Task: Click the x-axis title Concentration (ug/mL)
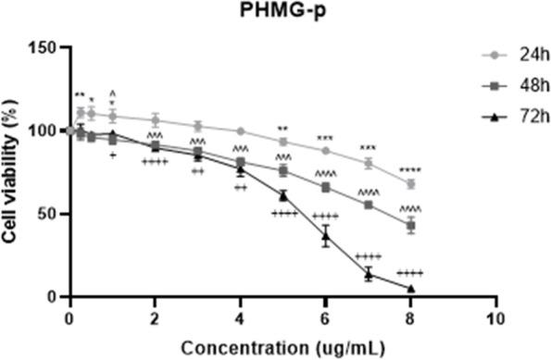(284, 347)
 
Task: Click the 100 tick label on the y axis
(48, 130)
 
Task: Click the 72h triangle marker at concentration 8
(411, 289)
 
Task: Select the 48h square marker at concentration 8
(411, 226)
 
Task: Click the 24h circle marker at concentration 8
(411, 184)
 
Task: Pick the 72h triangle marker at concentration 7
(369, 274)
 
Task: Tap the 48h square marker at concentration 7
(369, 205)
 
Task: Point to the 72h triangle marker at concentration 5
(282, 195)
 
